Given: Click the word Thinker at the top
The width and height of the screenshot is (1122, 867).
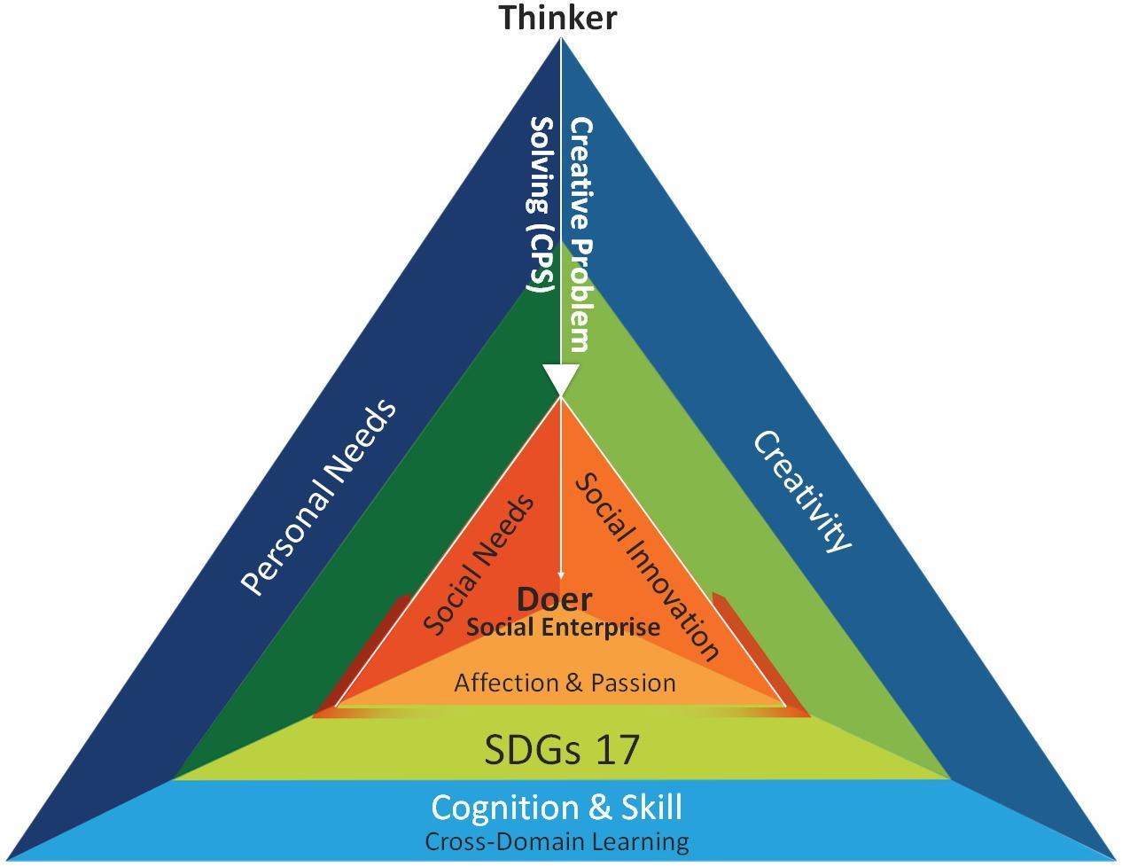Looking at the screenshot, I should [557, 18].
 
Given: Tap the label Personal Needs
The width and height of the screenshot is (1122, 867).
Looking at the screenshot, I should [318, 498].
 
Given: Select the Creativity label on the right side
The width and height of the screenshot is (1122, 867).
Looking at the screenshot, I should [802, 491].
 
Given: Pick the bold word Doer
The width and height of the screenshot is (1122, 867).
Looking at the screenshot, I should [554, 599].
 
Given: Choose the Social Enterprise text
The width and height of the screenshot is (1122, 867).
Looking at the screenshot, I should [563, 628].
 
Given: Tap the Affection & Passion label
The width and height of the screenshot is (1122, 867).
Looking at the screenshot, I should [565, 683].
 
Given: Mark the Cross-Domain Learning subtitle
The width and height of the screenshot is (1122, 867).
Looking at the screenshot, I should [557, 841].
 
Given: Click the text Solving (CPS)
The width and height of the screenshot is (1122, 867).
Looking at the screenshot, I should [541, 204].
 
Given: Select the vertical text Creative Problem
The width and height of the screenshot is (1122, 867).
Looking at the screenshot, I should [580, 235].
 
